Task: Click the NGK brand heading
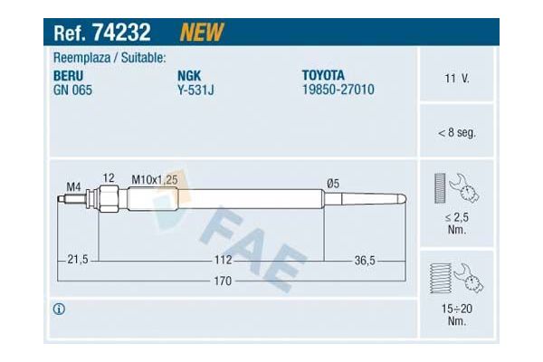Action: pos(189,76)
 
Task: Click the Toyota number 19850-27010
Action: pos(338,90)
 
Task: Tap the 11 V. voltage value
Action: pos(456,79)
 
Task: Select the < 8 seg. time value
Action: pos(456,132)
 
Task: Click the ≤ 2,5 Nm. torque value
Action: pos(456,224)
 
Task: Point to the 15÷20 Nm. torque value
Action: pos(456,314)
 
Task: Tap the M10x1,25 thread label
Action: pos(155,180)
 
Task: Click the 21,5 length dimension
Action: pos(78,261)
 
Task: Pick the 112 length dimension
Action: pos(223,261)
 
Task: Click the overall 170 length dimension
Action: pos(222,281)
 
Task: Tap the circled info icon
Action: pos(60,310)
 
